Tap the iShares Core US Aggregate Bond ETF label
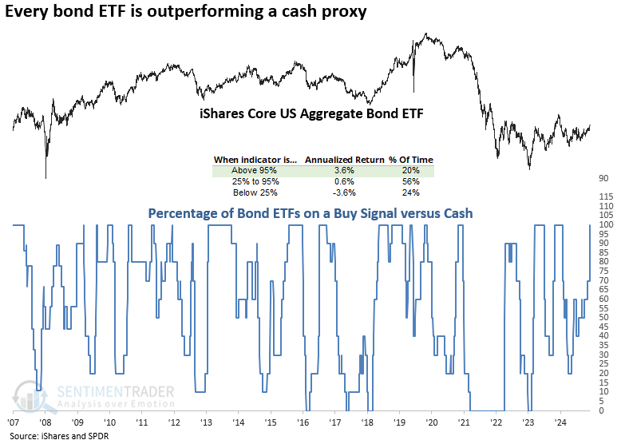pyautogui.click(x=310, y=114)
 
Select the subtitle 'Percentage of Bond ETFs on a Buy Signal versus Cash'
pyautogui.click(x=310, y=213)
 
